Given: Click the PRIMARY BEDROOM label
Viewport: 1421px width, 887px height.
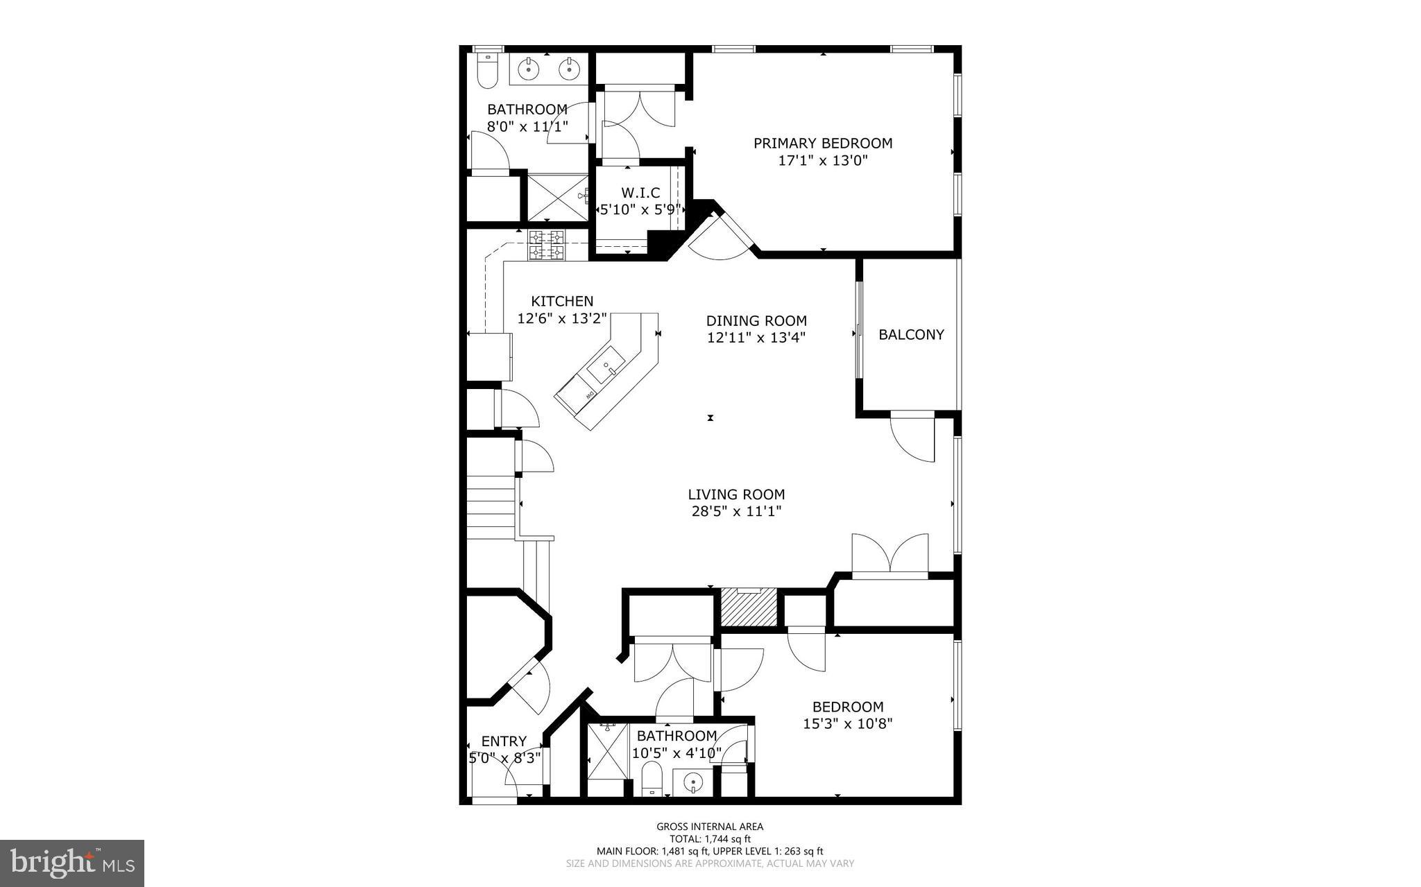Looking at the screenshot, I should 823,144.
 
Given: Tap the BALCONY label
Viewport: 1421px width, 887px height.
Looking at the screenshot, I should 911,335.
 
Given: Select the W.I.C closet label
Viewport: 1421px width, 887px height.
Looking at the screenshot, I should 640,192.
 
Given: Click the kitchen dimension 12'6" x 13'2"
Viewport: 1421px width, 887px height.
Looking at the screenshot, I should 562,318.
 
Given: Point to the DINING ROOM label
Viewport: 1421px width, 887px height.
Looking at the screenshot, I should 756,321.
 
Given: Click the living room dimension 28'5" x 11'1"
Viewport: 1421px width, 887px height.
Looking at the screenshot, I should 736,512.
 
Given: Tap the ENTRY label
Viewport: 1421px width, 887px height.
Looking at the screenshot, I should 504,741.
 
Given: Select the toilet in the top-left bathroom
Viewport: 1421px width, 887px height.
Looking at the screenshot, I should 488,71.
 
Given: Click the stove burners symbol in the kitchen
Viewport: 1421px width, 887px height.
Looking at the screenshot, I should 547,246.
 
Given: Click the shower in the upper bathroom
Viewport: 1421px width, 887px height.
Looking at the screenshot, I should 557,197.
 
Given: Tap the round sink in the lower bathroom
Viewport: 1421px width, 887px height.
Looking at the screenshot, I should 692,783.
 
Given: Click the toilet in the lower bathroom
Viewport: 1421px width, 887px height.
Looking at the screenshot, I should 651,778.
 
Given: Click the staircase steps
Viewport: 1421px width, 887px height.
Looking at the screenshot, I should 490,503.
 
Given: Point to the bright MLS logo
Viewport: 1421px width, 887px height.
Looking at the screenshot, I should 72,863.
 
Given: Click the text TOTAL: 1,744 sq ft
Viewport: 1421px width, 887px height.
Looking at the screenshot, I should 709,838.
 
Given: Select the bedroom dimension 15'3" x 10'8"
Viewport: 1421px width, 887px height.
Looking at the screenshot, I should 847,724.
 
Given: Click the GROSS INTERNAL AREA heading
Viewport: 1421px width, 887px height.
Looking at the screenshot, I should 709,827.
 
